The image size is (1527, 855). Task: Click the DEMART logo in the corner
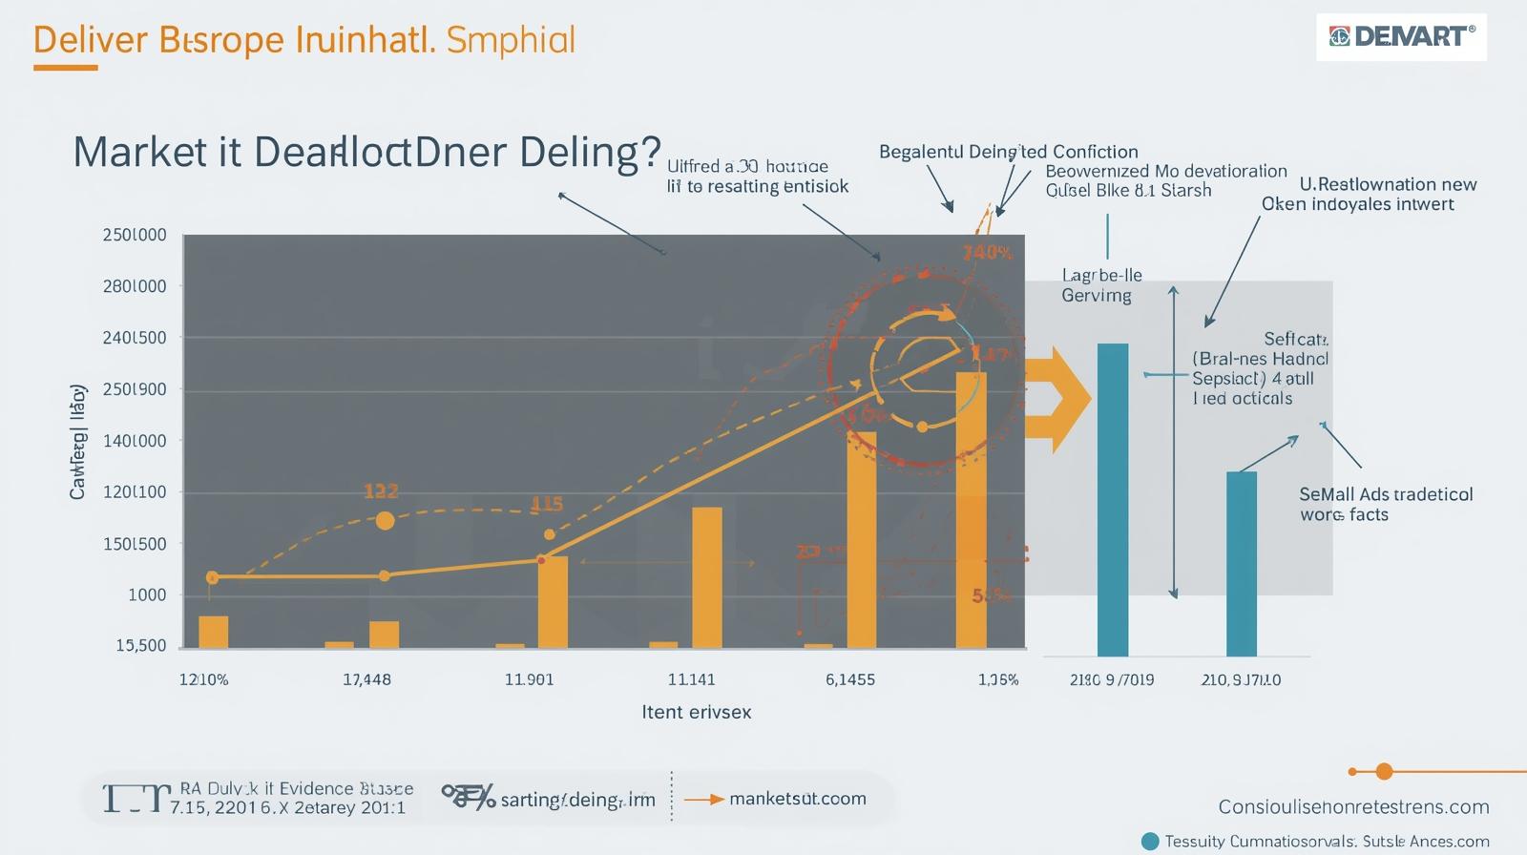tap(1401, 37)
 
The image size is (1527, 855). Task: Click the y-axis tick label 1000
tap(147, 594)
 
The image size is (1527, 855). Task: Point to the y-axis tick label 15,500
tap(141, 646)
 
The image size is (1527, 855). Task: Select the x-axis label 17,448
tap(366, 679)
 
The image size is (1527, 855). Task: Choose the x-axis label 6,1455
tap(849, 679)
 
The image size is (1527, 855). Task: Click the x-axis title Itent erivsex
tap(696, 712)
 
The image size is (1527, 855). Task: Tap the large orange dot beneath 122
tap(385, 520)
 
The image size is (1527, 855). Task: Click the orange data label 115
tap(547, 503)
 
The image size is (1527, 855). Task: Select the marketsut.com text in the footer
tap(797, 798)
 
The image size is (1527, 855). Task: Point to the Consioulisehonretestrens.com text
tap(1353, 806)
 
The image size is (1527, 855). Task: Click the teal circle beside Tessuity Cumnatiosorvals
tap(1150, 841)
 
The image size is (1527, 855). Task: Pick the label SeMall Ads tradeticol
tap(1386, 494)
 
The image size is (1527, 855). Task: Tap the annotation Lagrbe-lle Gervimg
tap(1101, 285)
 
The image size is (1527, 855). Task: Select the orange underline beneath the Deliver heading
tap(65, 68)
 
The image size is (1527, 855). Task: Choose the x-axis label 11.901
tap(529, 679)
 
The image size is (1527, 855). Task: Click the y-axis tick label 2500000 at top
tap(134, 235)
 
